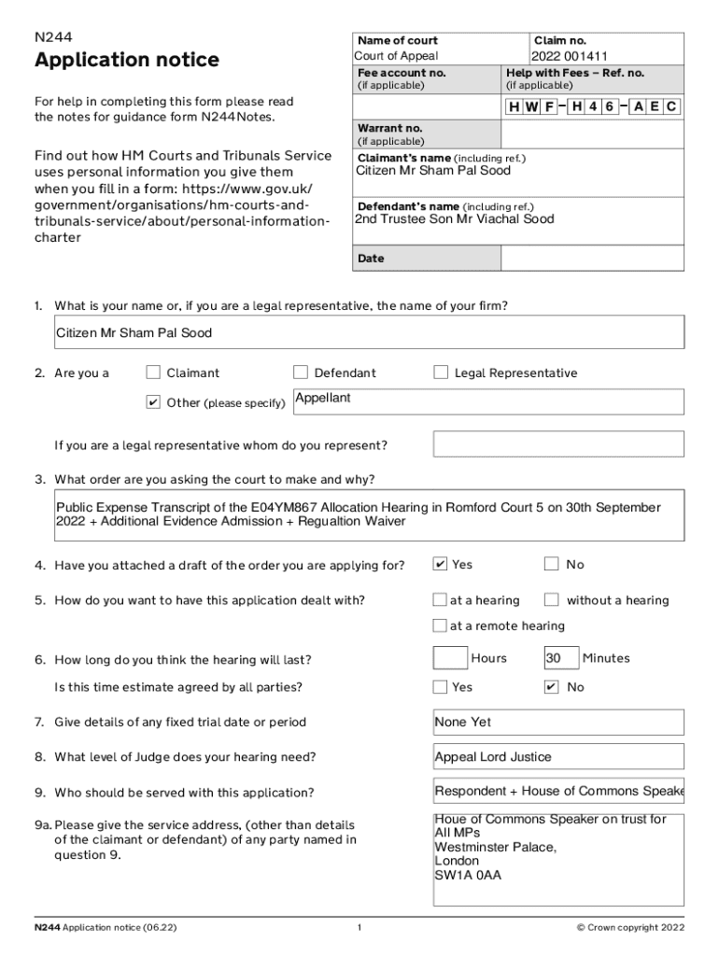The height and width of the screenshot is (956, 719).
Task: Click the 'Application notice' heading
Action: point(127,61)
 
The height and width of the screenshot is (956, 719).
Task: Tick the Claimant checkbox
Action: point(153,373)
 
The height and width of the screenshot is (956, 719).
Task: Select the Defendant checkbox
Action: point(301,373)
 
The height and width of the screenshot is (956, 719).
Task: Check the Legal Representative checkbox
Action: point(441,373)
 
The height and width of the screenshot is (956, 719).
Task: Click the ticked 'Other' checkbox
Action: point(153,402)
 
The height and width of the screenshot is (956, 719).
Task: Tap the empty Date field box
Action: point(592,258)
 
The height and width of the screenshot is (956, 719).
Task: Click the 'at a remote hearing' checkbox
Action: point(440,626)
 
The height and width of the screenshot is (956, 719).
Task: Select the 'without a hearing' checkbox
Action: point(552,599)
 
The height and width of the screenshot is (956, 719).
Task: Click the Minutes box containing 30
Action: point(560,658)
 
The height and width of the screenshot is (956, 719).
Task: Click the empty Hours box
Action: point(450,658)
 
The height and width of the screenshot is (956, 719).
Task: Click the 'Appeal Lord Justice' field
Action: point(493,757)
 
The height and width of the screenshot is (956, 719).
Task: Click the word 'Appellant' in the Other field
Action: point(323,399)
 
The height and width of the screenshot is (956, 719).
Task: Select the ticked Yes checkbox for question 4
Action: point(440,564)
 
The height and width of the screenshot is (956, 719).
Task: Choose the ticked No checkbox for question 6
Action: point(552,687)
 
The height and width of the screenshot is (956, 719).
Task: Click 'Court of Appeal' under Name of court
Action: point(396,56)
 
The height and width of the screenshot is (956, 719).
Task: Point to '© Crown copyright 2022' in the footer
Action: point(630,928)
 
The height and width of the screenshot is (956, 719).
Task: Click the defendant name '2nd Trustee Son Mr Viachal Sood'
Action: point(454,219)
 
